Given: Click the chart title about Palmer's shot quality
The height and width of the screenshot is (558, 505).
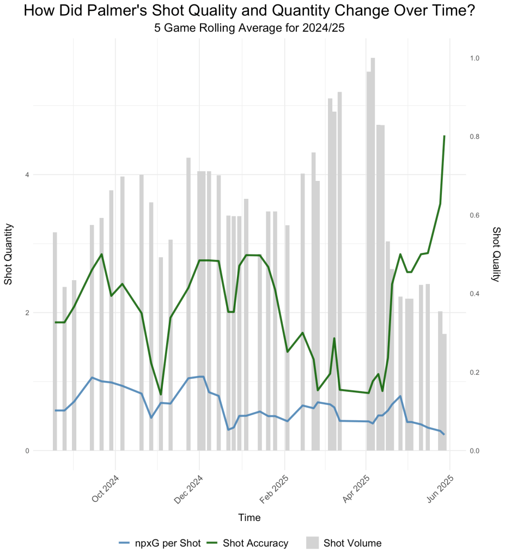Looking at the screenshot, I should click(x=252, y=11).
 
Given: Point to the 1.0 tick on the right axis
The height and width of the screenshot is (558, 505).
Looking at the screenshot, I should click(x=475, y=58).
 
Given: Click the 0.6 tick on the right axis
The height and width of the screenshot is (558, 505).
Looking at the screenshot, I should click(x=475, y=215).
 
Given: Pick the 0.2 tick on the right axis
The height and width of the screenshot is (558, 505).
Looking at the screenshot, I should click(x=475, y=372).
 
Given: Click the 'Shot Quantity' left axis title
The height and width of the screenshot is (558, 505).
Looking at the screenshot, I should click(x=9, y=254).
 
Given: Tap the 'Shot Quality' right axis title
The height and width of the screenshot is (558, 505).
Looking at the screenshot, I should click(x=496, y=254).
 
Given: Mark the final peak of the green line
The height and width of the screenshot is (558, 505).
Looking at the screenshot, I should click(x=445, y=136).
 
